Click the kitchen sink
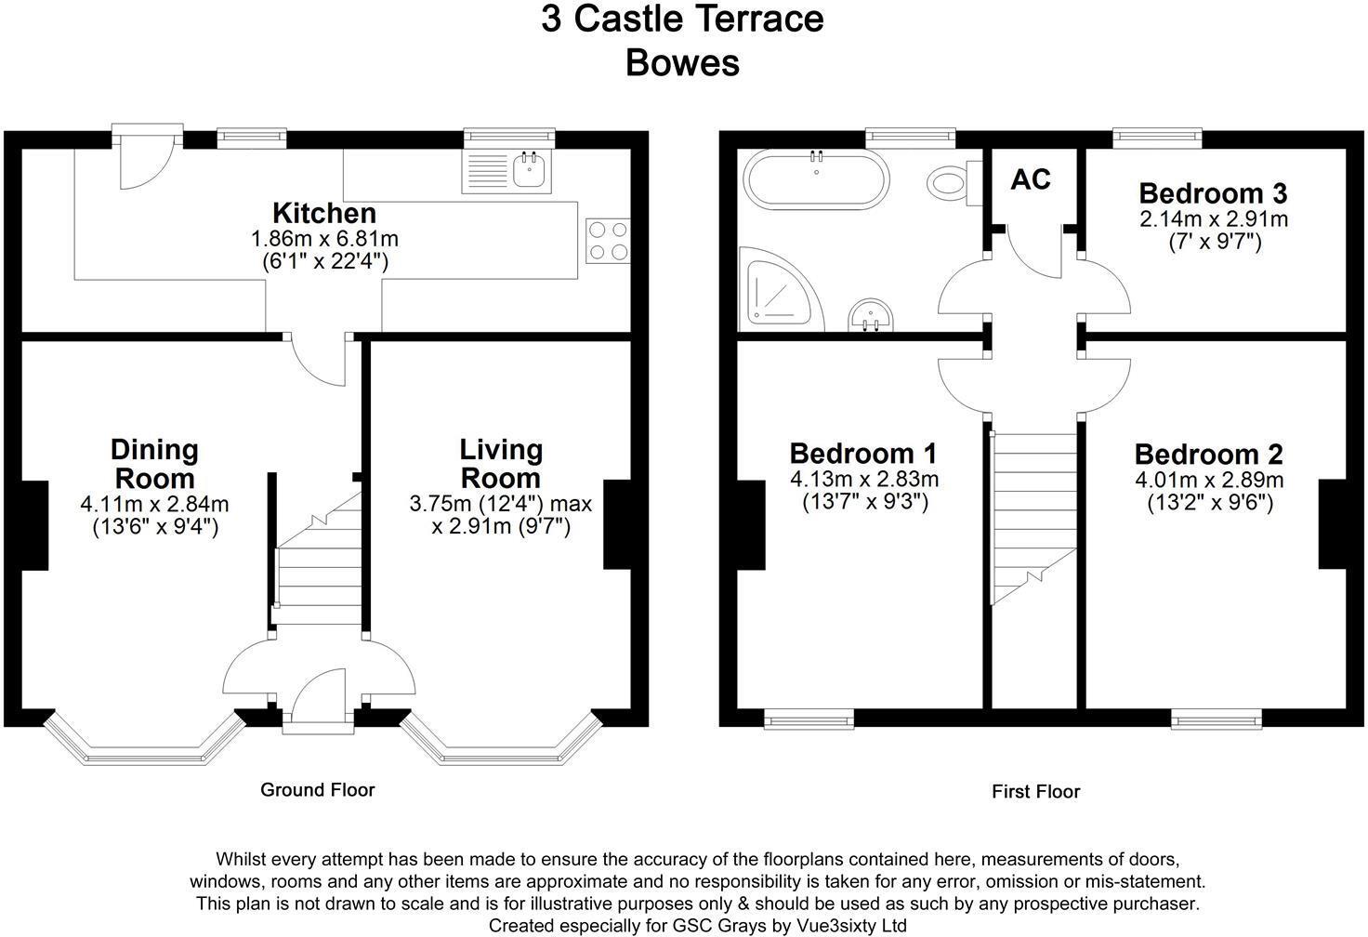[530, 169]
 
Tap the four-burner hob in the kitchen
[608, 240]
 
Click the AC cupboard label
[1031, 179]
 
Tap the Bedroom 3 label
[1213, 193]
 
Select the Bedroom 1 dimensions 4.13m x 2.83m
[863, 480]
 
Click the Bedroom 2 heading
[1208, 455]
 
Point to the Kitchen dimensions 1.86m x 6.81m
[324, 239]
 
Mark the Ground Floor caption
[317, 790]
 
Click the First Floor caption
[1035, 792]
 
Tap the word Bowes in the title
[682, 63]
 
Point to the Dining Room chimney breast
[33, 525]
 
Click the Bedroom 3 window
[1157, 138]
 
